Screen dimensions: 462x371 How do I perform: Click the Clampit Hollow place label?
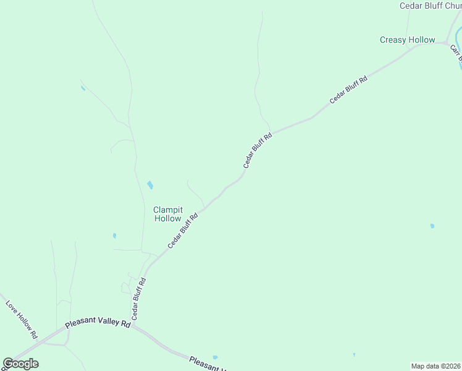167,214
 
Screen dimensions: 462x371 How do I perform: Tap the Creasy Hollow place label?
407,40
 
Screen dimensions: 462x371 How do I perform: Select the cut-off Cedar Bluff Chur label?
430,6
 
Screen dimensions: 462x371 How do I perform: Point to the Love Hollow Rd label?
22,319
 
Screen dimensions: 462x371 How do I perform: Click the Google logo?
20,364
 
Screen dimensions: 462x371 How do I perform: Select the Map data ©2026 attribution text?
435,366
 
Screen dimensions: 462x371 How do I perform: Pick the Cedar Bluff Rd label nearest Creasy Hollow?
348,90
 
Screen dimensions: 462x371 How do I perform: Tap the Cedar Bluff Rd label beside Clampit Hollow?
183,232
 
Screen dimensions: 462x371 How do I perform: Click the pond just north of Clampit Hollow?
149,185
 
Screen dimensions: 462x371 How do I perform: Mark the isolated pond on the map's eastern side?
432,226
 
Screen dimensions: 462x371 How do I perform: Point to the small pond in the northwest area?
83,88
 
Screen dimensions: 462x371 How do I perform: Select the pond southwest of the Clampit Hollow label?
114,236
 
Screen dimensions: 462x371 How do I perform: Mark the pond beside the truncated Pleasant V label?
215,357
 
